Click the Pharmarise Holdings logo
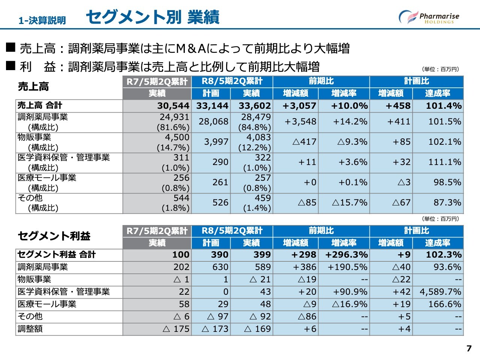coord(429,17)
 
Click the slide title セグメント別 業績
coord(153,17)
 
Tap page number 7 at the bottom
coord(469,348)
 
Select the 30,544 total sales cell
coord(173,106)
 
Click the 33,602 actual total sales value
coord(255,106)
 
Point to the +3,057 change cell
coord(299,106)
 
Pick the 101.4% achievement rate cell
coord(443,106)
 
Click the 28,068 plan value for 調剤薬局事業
coord(213,121)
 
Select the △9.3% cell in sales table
coord(352,142)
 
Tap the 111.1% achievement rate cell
coord(445,162)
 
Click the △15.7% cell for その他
coord(350,202)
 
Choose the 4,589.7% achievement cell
coord(440,292)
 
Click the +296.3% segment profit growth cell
coord(346,255)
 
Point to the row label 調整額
coord(30,329)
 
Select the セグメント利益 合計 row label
coord(57,255)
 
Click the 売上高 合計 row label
coord(40,105)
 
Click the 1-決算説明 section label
coord(42,20)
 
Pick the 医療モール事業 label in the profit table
coord(47,304)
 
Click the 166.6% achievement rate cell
coord(445,304)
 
